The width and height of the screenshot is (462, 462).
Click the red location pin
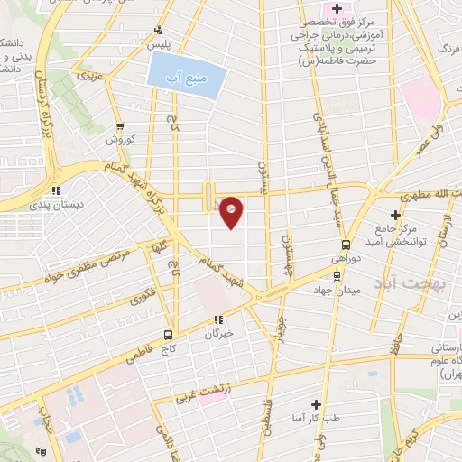point(232,211)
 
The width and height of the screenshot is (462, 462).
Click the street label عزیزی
point(88,78)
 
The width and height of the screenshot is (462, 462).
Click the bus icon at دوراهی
point(346,245)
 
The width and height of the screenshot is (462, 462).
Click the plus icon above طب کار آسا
point(316,404)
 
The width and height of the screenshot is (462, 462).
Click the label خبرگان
point(217,333)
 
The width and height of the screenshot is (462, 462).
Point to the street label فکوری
point(142,294)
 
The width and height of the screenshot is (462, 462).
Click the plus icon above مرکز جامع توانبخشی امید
point(394,215)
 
